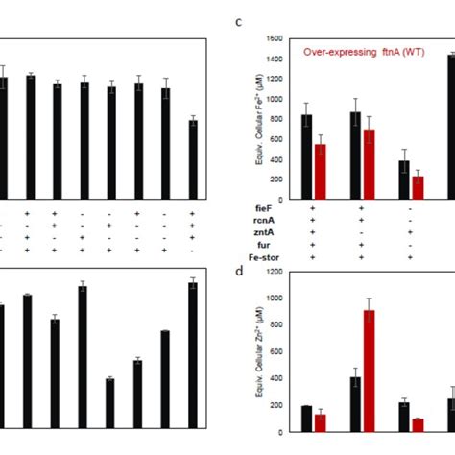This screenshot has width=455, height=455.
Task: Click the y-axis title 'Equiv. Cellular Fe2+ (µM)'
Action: [259, 120]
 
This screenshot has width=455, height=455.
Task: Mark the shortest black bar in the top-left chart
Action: [194, 159]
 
